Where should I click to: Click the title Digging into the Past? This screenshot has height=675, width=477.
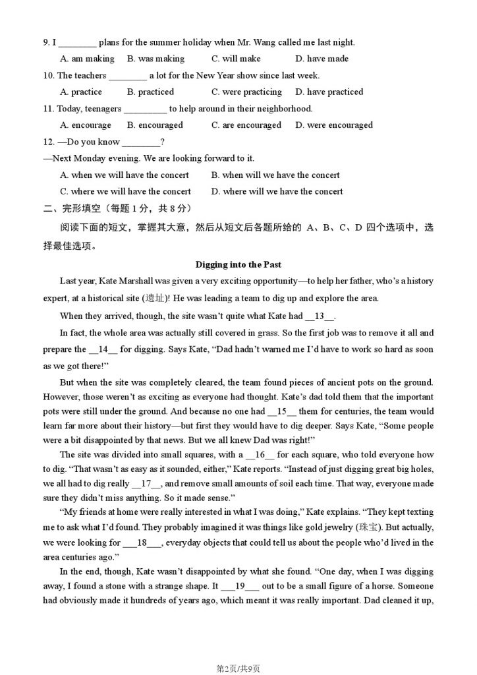(238, 264)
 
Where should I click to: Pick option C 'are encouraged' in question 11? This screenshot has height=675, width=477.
(246, 125)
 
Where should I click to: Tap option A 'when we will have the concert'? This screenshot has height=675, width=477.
(125, 175)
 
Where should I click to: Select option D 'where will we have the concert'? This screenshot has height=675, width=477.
(277, 191)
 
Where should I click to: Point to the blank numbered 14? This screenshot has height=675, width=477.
(102, 349)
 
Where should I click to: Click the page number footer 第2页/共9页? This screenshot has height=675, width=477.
(238, 668)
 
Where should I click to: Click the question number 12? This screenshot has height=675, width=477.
(47, 142)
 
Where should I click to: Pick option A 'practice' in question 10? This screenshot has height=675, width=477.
(81, 92)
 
